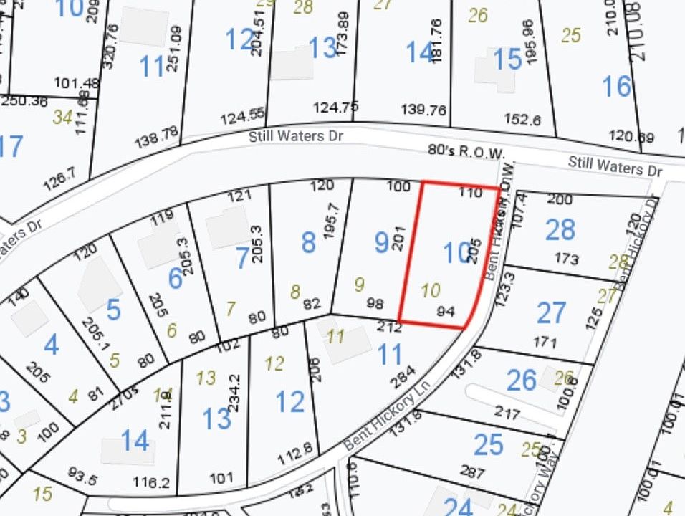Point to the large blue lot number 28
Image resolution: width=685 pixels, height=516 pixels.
(560, 230)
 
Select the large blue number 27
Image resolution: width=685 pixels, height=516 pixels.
(551, 314)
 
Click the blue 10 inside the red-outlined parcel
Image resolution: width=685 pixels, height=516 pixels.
(455, 253)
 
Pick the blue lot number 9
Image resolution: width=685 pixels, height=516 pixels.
(382, 243)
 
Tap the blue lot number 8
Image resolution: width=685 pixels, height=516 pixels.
(308, 243)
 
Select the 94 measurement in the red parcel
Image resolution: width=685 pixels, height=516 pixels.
(446, 311)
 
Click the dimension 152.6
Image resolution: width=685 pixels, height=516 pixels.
(522, 120)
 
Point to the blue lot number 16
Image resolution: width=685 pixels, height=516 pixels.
(616, 87)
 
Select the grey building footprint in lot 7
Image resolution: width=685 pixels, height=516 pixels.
(227, 228)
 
